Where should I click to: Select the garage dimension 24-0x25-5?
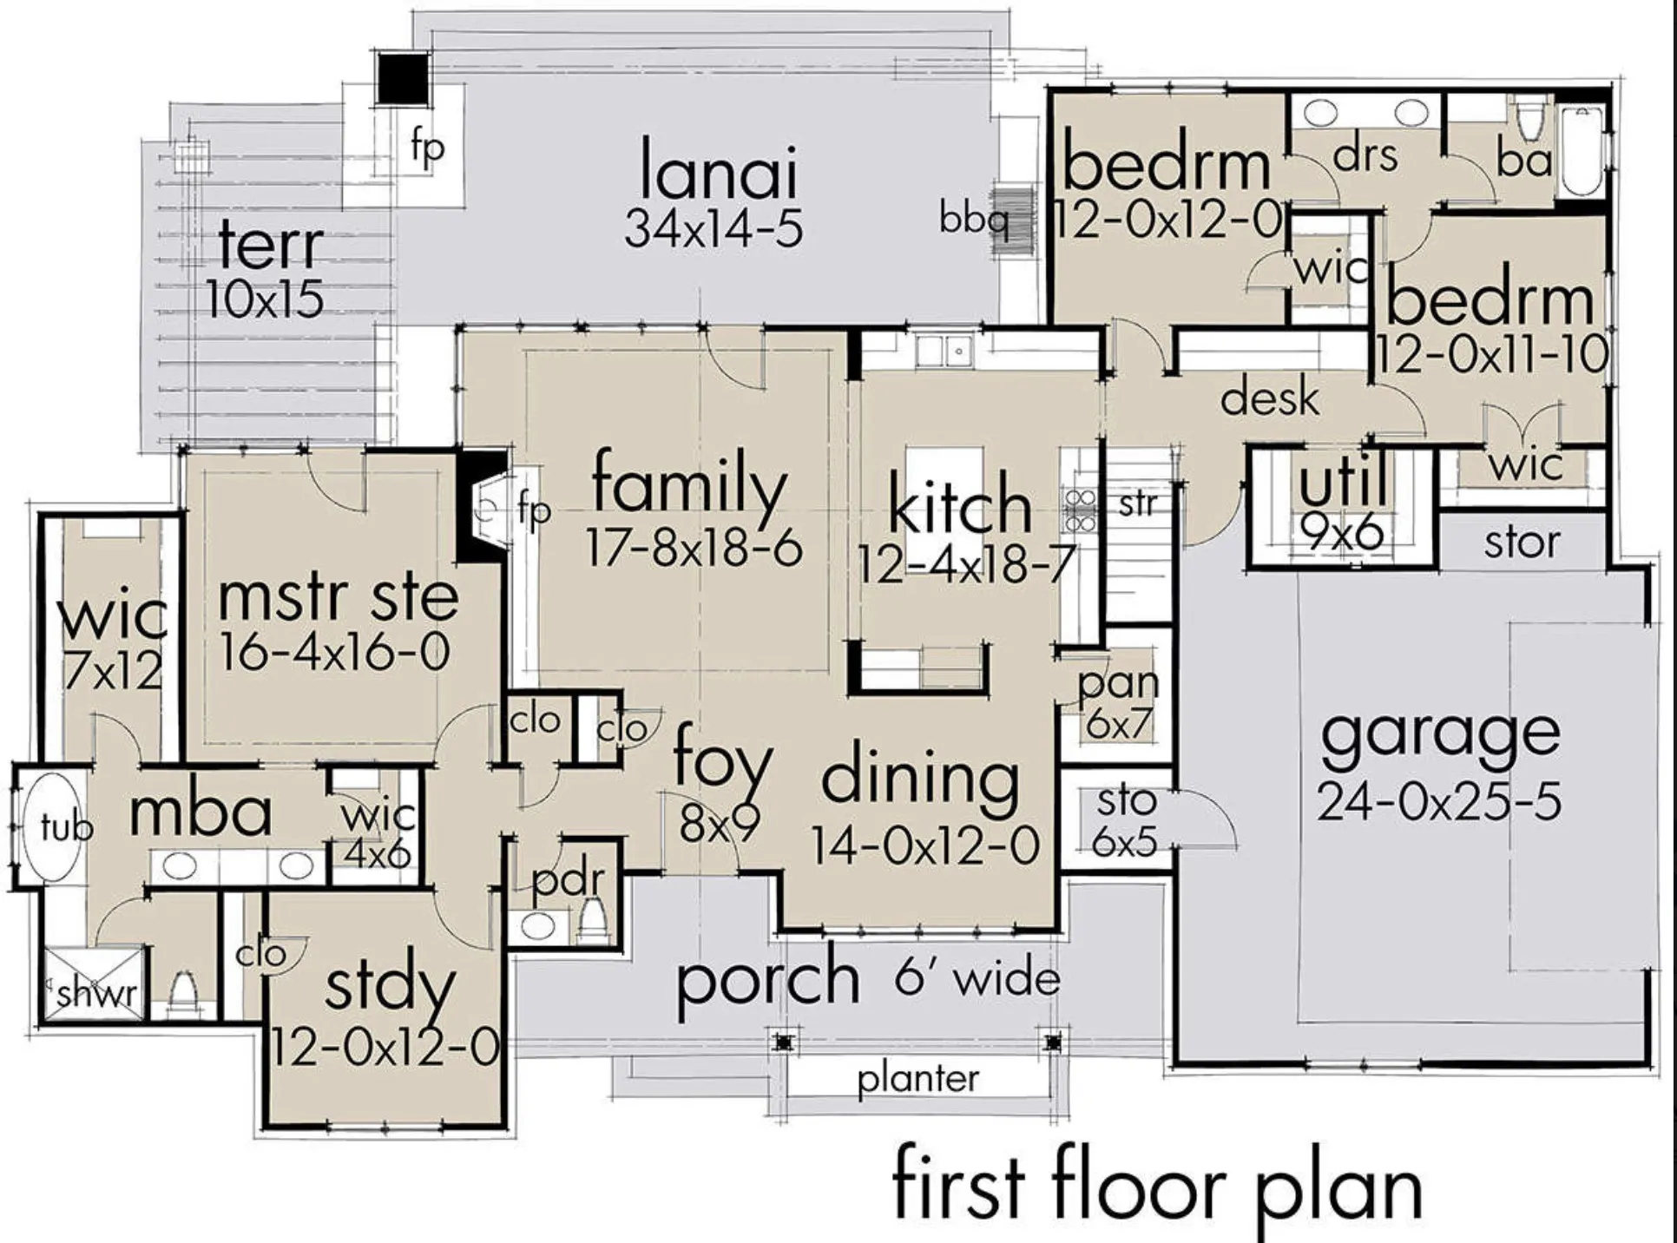(x=1438, y=801)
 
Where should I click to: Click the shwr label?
(x=96, y=993)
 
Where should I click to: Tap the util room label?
(x=1343, y=483)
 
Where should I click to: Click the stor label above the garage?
(x=1521, y=543)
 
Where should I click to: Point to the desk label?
(x=1270, y=398)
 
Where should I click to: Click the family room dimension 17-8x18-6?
(x=694, y=548)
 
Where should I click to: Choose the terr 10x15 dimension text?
(x=266, y=299)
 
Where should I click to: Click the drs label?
(x=1365, y=156)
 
